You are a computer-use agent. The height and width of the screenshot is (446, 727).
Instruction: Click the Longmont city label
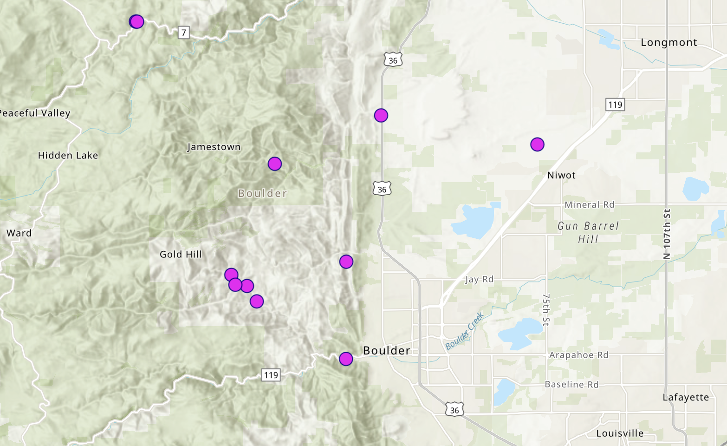(x=669, y=42)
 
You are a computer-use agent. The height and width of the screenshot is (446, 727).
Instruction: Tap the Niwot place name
(x=561, y=175)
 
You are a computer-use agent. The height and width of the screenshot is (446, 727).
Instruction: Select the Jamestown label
(x=214, y=147)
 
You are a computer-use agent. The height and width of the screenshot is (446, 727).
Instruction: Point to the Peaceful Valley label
(x=35, y=113)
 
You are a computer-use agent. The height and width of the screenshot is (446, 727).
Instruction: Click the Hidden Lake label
(x=68, y=155)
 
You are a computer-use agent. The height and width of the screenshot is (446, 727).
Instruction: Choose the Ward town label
(x=19, y=233)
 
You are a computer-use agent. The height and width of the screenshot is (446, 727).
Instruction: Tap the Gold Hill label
(x=181, y=254)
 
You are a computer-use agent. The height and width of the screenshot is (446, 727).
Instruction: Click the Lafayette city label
(x=686, y=397)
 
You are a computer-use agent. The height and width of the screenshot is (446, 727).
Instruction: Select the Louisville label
(x=620, y=433)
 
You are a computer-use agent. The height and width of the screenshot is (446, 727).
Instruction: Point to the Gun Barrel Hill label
(x=588, y=232)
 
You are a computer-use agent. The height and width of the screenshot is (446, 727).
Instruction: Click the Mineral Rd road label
(x=589, y=204)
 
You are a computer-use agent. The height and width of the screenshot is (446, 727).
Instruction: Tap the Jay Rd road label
(x=479, y=279)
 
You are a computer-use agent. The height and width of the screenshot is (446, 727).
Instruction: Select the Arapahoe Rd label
(x=578, y=355)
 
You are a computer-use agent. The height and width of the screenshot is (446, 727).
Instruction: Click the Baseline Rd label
(x=571, y=384)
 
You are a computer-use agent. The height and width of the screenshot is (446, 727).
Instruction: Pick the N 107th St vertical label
(x=667, y=234)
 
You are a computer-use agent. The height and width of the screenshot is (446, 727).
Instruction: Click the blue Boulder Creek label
(x=465, y=331)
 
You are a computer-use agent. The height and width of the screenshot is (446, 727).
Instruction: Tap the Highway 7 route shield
(x=184, y=33)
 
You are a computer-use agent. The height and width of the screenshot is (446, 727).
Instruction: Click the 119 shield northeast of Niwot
(x=615, y=105)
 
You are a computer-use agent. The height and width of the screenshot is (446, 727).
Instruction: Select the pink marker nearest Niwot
(x=537, y=144)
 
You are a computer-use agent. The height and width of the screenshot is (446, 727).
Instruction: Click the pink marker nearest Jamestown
(x=275, y=164)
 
